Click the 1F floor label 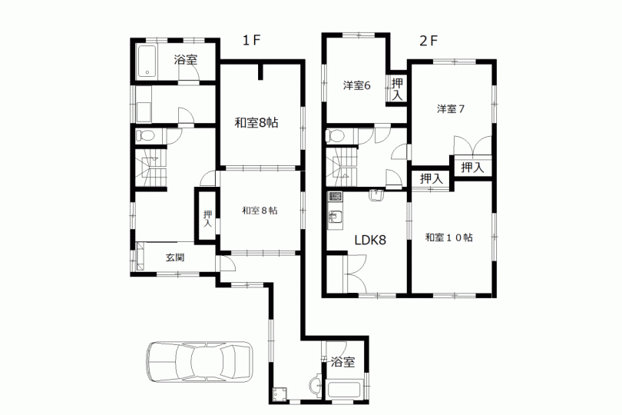[252, 40]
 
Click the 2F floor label [428, 41]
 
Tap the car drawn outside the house [200, 361]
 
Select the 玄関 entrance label [175, 257]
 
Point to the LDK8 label [370, 240]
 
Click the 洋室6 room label [356, 85]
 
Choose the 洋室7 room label [451, 109]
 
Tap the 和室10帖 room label [449, 237]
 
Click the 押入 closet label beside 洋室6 [397, 89]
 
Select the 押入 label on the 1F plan [207, 218]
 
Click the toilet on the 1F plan [145, 136]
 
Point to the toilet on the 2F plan [336, 135]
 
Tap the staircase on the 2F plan [342, 167]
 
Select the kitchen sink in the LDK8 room [336, 217]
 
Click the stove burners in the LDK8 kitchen [336, 196]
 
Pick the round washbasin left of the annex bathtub [316, 385]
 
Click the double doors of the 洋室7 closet [473, 145]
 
